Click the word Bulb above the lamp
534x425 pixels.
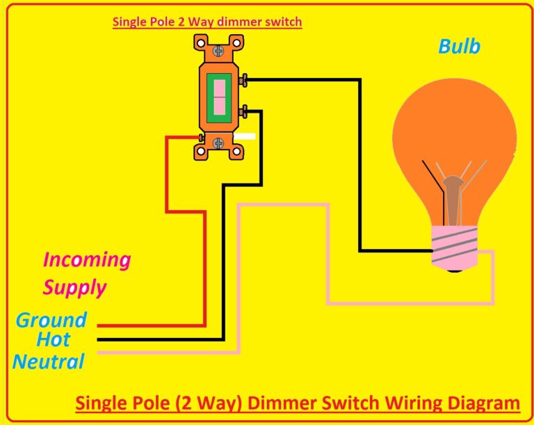click(x=459, y=47)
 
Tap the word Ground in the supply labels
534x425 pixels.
click(x=51, y=320)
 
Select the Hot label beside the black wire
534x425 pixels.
click(x=54, y=340)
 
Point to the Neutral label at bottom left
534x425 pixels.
click(x=48, y=362)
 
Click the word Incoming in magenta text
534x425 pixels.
click(x=87, y=260)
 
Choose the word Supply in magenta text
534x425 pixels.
click(x=74, y=287)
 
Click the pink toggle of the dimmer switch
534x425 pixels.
click(x=219, y=97)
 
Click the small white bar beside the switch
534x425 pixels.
click(x=248, y=136)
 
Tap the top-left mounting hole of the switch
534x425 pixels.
click(x=200, y=44)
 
